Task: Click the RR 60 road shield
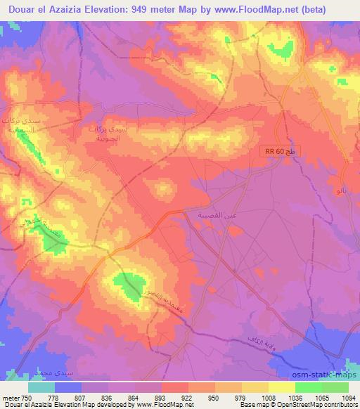276,151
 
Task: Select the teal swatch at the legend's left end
41,387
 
